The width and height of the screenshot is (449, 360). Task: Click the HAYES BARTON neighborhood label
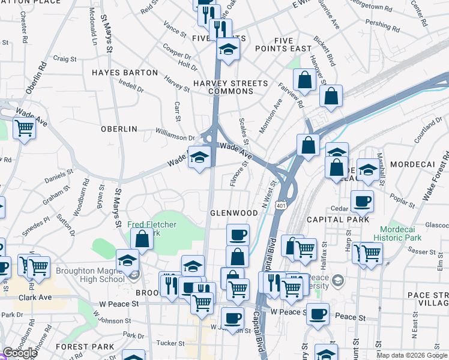click(125, 73)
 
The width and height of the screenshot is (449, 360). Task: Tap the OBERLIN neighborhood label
click(119, 129)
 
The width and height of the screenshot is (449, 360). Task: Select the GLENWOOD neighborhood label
click(234, 213)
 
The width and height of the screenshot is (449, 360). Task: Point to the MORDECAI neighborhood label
click(412, 164)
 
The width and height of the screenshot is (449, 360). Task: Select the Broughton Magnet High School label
click(91, 275)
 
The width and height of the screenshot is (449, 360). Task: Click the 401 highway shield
click(282, 206)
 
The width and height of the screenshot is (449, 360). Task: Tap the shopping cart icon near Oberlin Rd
click(24, 127)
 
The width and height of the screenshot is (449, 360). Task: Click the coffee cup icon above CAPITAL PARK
click(361, 201)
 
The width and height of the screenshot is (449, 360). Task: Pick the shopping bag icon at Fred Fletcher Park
click(142, 238)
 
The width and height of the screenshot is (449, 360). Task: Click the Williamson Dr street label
click(175, 137)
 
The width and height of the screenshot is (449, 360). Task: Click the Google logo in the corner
click(20, 353)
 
